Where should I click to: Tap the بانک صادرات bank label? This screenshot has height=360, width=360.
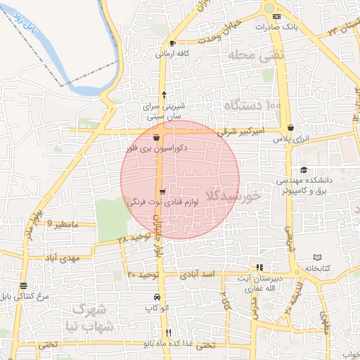pyautogui.click(x=297, y=27)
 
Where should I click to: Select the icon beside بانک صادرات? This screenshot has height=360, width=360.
pyautogui.click(x=276, y=17)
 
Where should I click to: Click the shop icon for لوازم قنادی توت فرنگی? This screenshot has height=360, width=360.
pyautogui.click(x=163, y=192)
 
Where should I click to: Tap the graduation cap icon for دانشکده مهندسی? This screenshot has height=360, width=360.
pyautogui.click(x=303, y=169)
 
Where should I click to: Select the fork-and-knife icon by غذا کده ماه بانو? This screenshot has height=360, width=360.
pyautogui.click(x=167, y=333)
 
